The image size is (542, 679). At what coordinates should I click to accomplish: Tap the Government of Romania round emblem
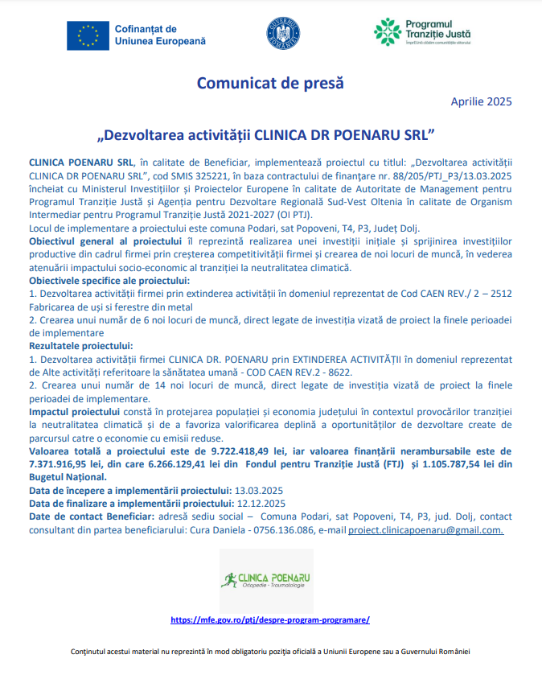283,34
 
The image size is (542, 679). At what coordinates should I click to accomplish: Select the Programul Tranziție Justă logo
423,32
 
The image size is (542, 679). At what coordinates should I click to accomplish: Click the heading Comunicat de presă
270,82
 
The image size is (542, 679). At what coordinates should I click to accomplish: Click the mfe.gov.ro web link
270,620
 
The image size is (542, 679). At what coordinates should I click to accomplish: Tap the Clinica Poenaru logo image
266,581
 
